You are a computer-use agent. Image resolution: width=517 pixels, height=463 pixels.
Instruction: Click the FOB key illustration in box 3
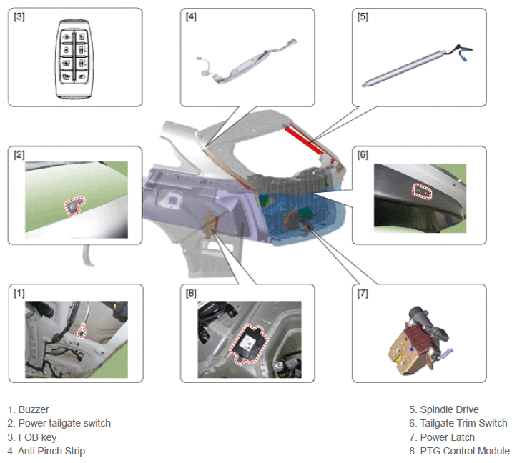(74, 59)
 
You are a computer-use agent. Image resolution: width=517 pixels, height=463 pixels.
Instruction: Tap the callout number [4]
(191, 16)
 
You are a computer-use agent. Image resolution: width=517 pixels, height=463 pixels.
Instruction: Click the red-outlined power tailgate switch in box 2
(75, 206)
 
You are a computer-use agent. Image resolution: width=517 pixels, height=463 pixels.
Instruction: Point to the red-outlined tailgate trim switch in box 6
(423, 191)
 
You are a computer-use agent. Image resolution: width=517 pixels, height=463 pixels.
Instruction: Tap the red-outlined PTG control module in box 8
(249, 344)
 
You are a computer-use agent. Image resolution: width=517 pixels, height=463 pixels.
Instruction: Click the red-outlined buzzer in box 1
(81, 332)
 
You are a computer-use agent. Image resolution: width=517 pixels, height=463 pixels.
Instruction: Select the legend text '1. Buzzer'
(29, 409)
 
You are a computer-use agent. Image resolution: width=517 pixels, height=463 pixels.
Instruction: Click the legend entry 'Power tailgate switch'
(64, 423)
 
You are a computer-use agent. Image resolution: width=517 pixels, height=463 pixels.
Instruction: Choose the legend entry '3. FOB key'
(32, 437)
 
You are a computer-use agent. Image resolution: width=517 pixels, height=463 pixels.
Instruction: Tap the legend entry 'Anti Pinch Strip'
(51, 451)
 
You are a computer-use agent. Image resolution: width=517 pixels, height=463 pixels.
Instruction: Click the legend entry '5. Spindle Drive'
(444, 409)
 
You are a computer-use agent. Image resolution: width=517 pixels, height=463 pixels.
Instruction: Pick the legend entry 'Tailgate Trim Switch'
(464, 423)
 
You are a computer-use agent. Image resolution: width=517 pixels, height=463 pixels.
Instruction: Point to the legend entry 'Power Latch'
(448, 437)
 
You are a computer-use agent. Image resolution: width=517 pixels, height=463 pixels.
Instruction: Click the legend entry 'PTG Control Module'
(465, 451)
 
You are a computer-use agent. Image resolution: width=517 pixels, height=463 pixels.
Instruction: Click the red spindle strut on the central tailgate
(305, 141)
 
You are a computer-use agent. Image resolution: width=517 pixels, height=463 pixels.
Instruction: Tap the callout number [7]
(363, 293)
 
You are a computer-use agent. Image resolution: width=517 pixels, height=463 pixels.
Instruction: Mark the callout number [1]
(19, 293)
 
